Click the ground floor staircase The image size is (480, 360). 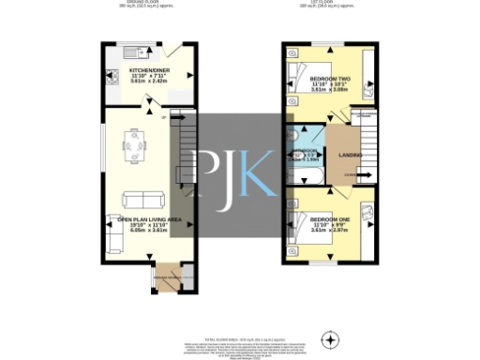pyautogui.click(x=184, y=150)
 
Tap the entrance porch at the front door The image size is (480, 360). pyautogui.click(x=169, y=277)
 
